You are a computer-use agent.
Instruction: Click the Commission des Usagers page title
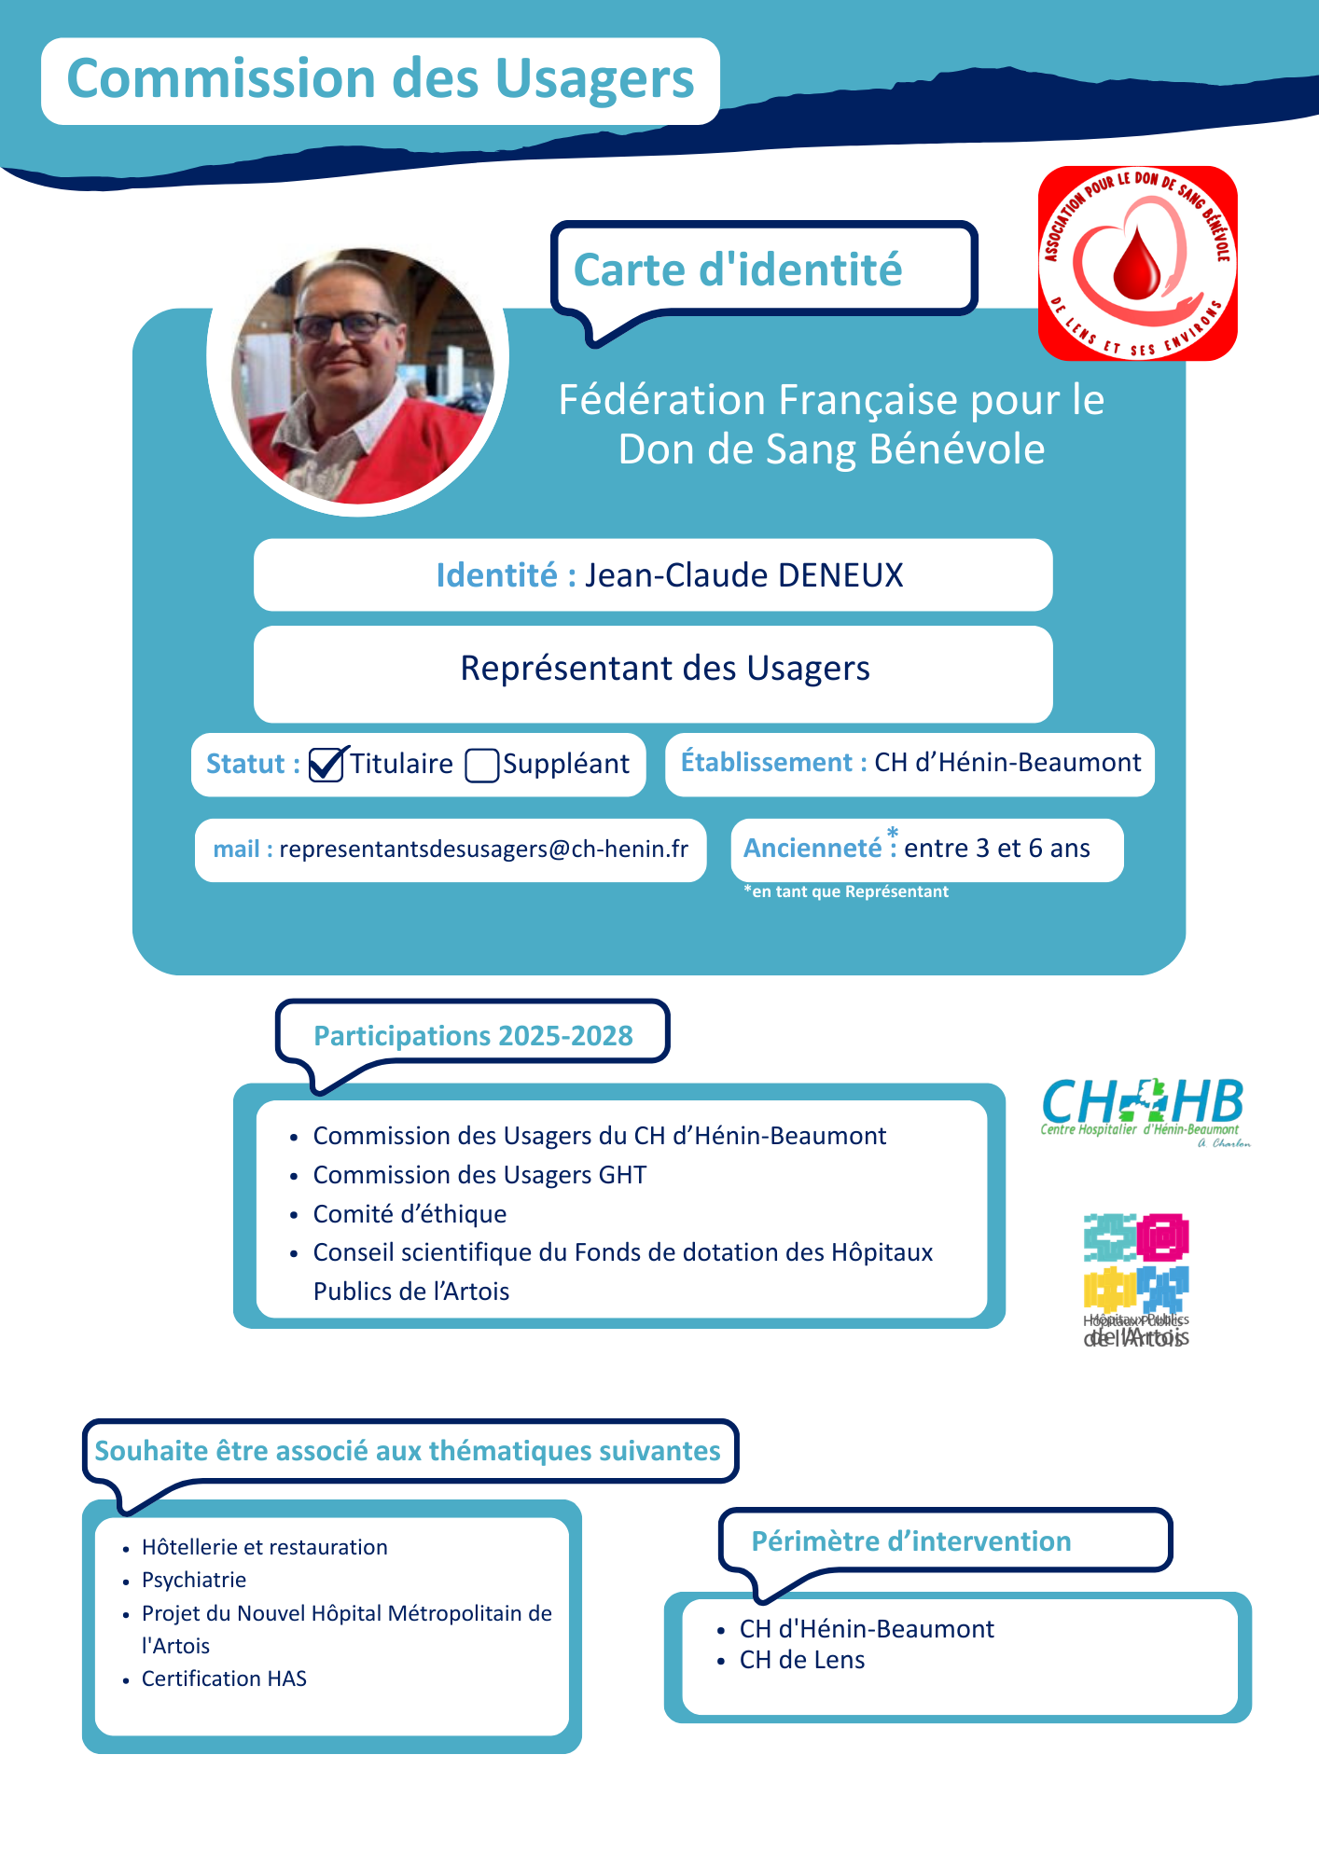[381, 79]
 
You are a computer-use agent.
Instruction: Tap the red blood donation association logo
[1137, 263]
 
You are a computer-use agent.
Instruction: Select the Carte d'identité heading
[737, 270]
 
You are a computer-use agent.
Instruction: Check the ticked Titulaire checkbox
[326, 765]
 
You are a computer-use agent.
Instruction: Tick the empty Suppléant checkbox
[481, 766]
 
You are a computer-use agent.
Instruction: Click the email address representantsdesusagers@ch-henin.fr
[483, 850]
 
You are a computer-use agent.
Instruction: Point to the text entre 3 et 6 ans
[996, 849]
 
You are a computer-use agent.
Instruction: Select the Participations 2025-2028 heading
[473, 1036]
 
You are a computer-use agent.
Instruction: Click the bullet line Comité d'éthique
[410, 1214]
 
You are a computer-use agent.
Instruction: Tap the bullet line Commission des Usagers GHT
[479, 1175]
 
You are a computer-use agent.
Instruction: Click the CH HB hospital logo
[1144, 1110]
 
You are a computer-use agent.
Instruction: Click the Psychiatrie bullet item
[194, 1580]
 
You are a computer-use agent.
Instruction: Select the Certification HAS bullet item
[224, 1678]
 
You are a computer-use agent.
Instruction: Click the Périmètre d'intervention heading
[910, 1541]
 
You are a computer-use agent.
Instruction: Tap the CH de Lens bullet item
[802, 1660]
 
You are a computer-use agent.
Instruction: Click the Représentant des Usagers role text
[665, 669]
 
